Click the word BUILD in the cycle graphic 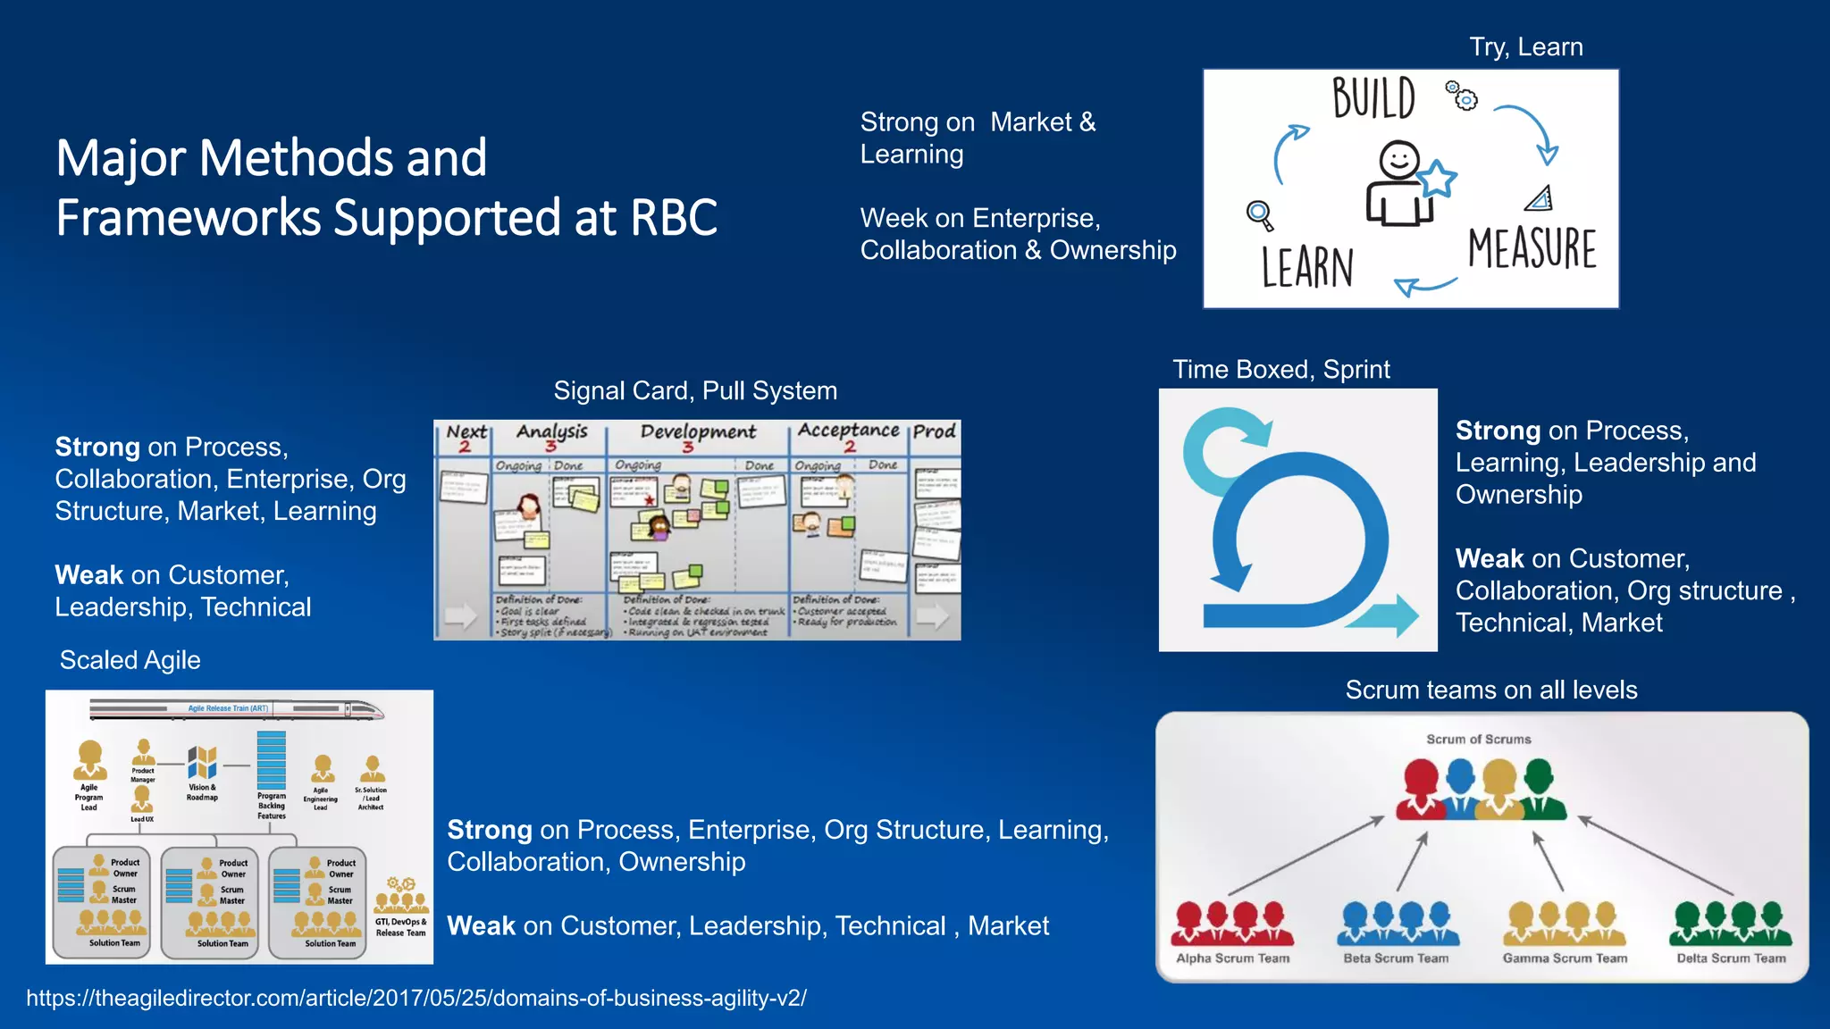pos(1373,98)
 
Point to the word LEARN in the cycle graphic pos(1307,267)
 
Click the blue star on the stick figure pos(1438,179)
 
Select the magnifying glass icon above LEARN pos(1259,214)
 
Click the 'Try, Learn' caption pos(1525,46)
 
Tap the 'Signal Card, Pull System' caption pos(694,390)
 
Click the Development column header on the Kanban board pos(697,432)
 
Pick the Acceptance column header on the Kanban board pos(848,431)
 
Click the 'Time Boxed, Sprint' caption pos(1280,369)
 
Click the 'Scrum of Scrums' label pos(1478,739)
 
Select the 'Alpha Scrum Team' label pos(1232,958)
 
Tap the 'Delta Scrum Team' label pos(1731,958)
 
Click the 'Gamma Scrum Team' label pos(1565,958)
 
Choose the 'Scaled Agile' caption pos(130,660)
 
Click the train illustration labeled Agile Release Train pos(237,710)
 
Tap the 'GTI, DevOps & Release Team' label pos(400,927)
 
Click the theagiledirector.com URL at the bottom pos(416,998)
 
